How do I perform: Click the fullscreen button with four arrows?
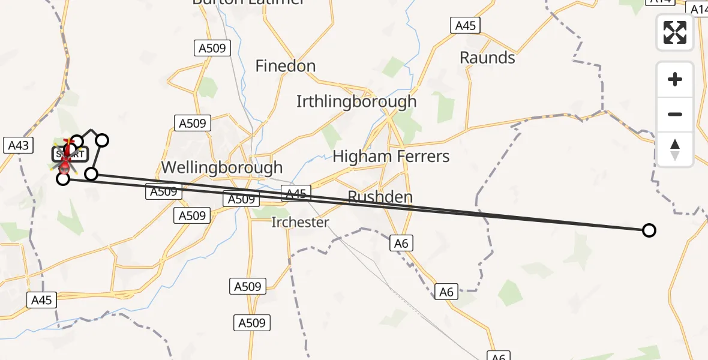point(675,32)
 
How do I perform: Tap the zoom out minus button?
point(675,114)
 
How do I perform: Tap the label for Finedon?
point(286,66)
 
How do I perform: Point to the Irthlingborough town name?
point(356,101)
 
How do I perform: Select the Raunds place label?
point(487,58)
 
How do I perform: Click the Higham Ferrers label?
point(391,157)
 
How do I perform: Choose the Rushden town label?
point(380,197)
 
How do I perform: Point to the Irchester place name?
point(300,223)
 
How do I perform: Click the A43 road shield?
point(18,145)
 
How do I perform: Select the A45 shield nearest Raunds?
point(466,25)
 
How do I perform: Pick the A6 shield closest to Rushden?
point(401,243)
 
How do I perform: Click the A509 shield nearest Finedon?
point(212,48)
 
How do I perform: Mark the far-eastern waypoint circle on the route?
point(649,230)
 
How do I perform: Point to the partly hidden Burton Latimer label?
point(248,2)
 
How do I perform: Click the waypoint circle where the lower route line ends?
point(63,178)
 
